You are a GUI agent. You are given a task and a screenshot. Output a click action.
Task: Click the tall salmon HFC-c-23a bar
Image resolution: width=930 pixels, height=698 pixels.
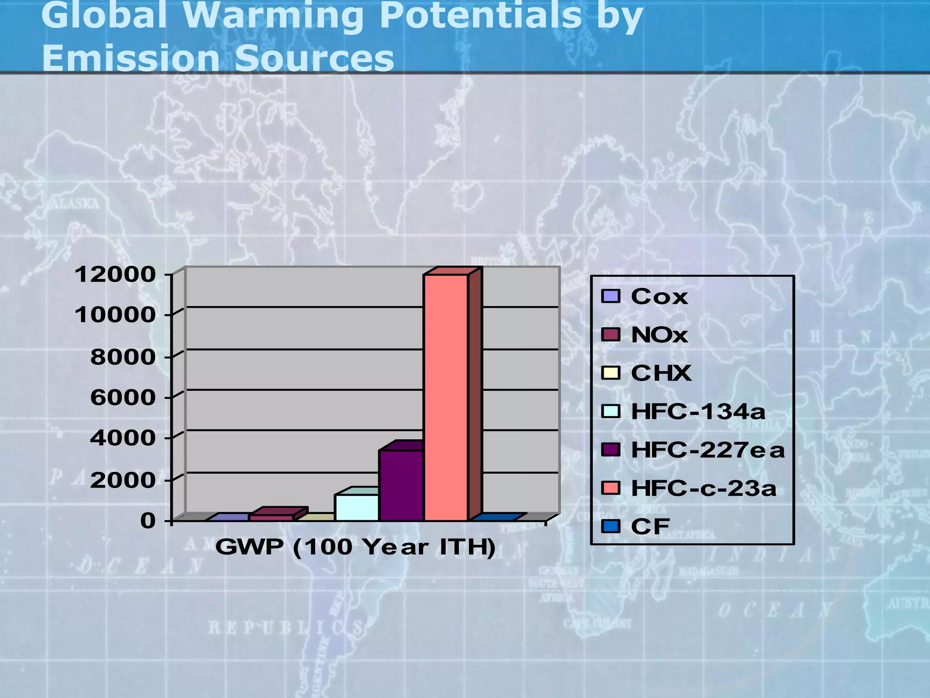pyautogui.click(x=445, y=398)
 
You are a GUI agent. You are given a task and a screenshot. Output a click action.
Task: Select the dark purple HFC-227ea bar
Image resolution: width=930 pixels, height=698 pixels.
pyautogui.click(x=401, y=485)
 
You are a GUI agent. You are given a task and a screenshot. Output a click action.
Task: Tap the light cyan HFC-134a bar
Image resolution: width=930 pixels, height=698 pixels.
pyautogui.click(x=356, y=507)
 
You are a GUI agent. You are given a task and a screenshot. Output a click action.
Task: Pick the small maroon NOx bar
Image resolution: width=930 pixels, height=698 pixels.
pyautogui.click(x=272, y=518)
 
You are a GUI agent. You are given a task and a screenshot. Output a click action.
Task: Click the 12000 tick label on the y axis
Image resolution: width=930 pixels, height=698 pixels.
pyautogui.click(x=115, y=274)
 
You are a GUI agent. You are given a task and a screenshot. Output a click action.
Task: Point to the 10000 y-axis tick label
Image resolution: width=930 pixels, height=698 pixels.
pyautogui.click(x=115, y=314)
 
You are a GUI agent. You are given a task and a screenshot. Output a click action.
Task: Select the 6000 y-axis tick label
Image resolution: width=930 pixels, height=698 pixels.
pyautogui.click(x=123, y=398)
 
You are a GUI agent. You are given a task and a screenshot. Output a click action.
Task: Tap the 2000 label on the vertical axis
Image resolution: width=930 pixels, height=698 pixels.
pyautogui.click(x=123, y=480)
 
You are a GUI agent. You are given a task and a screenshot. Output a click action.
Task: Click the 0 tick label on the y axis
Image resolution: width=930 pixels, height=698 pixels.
pyautogui.click(x=148, y=521)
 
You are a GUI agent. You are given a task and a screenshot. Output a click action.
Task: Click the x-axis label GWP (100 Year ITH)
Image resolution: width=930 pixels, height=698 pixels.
pyautogui.click(x=355, y=547)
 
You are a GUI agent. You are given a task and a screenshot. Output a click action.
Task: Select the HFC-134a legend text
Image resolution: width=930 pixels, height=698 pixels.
pyautogui.click(x=698, y=412)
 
